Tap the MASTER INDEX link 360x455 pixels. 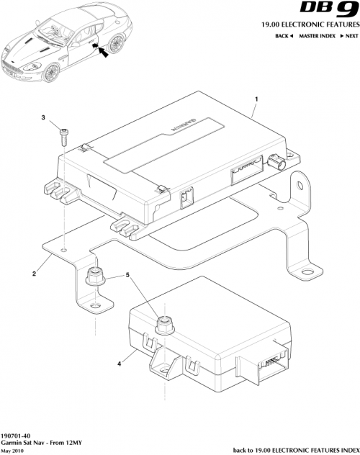coord(319,36)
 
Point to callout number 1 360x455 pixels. coord(256,97)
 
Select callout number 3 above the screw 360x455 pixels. coord(43,117)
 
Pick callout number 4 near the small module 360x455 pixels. coord(118,364)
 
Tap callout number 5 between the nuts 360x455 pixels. coord(129,274)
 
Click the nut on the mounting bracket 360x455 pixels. coord(93,276)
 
